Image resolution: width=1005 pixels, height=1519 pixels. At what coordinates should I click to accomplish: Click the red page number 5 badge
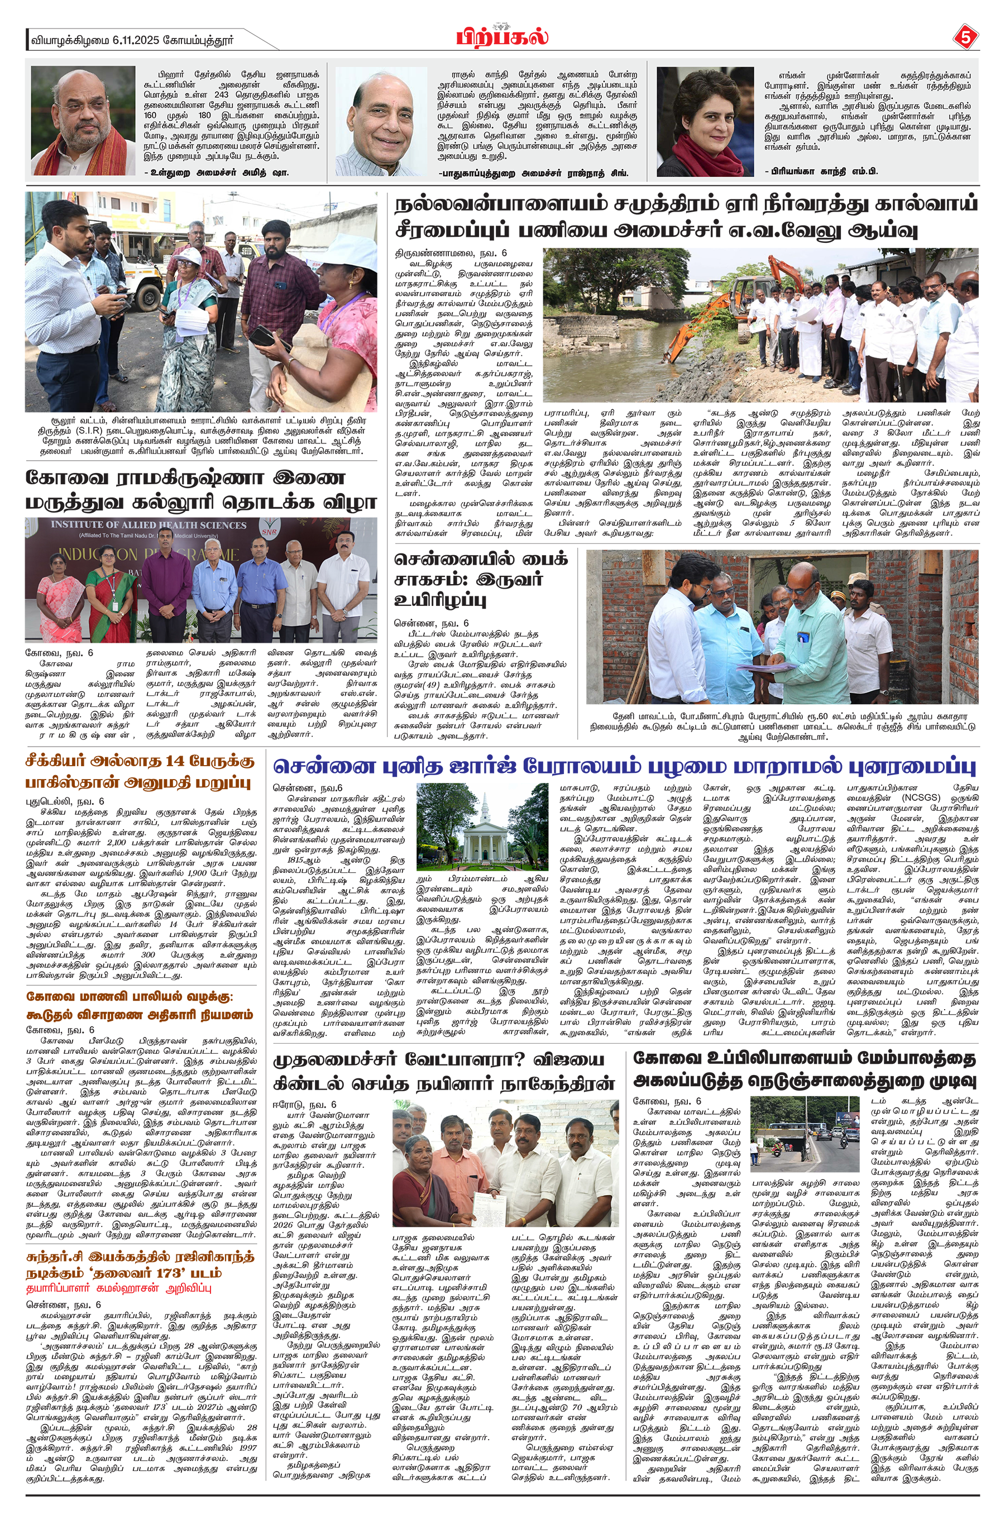(966, 38)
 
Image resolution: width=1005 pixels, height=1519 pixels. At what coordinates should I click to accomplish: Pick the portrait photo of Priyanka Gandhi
(705, 121)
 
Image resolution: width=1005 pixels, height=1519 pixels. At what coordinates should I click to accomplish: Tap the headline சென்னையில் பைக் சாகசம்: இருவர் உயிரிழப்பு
(481, 580)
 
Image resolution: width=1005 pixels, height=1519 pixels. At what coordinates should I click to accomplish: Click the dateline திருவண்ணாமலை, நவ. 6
(450, 253)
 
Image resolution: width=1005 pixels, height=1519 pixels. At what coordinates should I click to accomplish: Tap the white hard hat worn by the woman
(189, 255)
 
